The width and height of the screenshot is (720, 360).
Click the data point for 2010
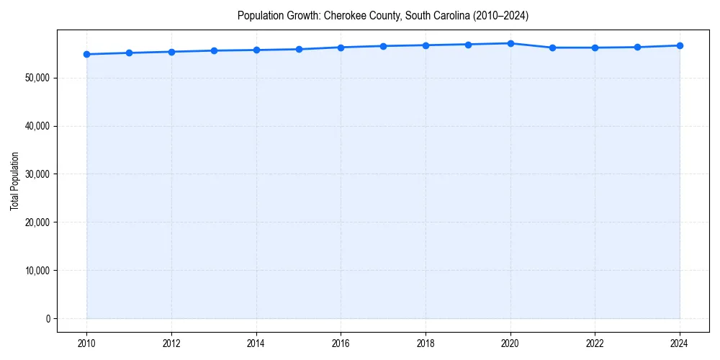click(86, 54)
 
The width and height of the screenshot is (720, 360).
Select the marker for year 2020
click(510, 43)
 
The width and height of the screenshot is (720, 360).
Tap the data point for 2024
click(680, 45)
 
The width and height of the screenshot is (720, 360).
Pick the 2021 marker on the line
click(553, 48)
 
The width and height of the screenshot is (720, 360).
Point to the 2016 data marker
click(341, 48)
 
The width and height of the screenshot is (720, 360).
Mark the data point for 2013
click(214, 50)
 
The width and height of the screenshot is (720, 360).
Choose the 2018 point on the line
click(426, 45)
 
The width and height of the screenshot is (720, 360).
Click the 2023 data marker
click(637, 48)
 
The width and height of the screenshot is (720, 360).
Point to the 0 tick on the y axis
click(48, 319)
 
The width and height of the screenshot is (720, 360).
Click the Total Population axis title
click(14, 181)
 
